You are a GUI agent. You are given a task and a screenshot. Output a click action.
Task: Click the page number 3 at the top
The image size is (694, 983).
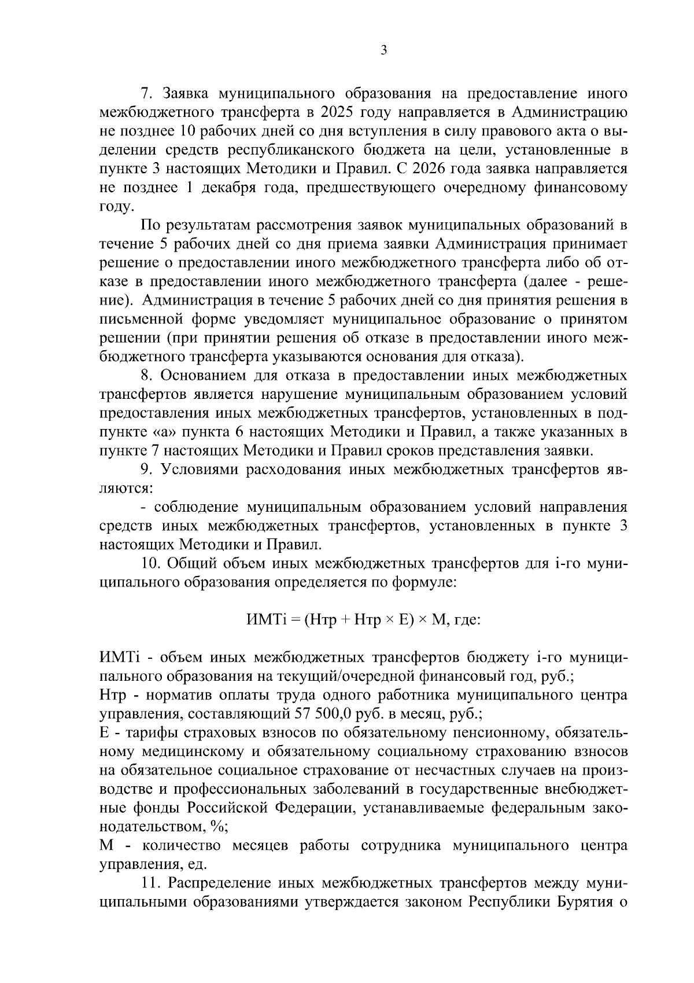[383, 50]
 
